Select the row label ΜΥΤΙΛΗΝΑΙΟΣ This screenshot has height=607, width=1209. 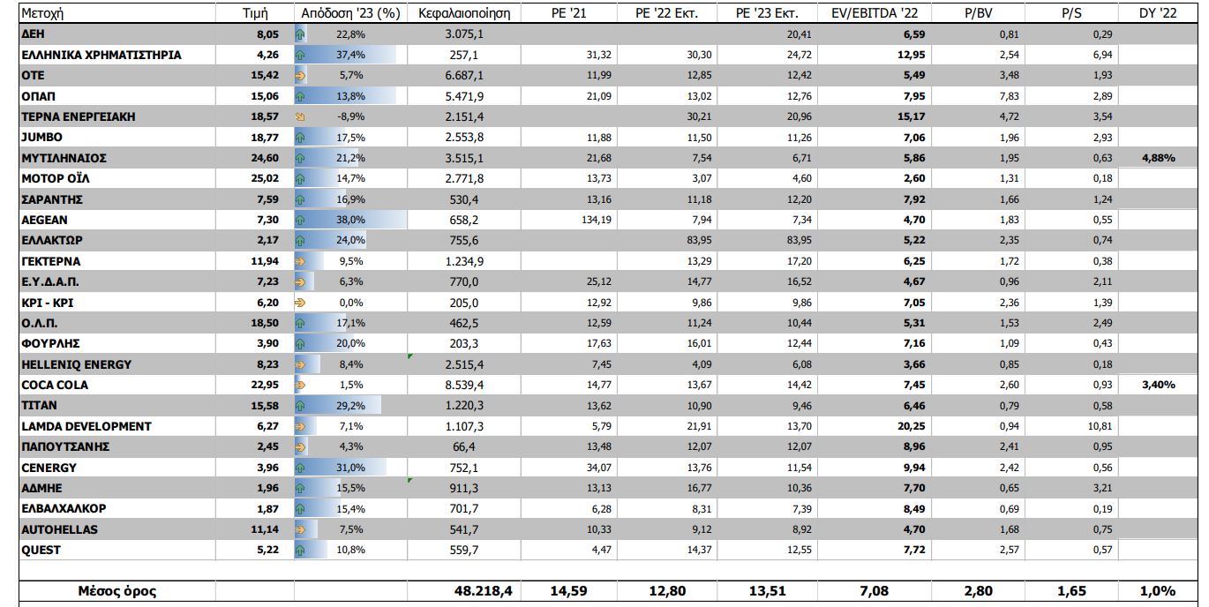point(64,158)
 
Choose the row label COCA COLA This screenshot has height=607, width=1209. point(55,385)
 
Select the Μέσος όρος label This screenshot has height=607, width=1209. point(116,591)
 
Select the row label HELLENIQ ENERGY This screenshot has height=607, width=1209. point(76,364)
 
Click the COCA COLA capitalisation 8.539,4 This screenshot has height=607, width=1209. point(465,385)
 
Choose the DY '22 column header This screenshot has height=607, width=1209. point(1157,14)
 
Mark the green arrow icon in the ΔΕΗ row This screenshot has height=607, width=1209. point(300,34)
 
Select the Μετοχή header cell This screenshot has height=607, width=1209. point(43,14)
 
